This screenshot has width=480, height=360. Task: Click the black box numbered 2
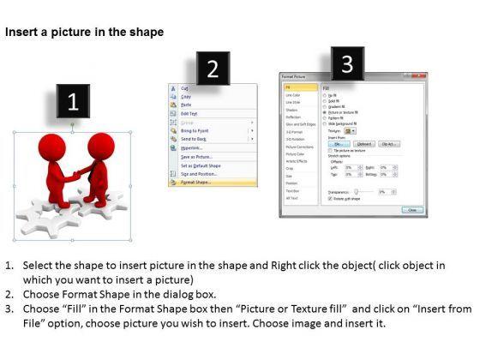click(x=212, y=69)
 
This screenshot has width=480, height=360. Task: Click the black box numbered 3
click(x=346, y=63)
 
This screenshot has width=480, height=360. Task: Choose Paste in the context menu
click(x=186, y=105)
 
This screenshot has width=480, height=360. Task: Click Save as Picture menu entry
click(x=197, y=156)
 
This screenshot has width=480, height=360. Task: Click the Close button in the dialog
click(x=412, y=210)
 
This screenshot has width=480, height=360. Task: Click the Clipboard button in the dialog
click(x=363, y=144)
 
